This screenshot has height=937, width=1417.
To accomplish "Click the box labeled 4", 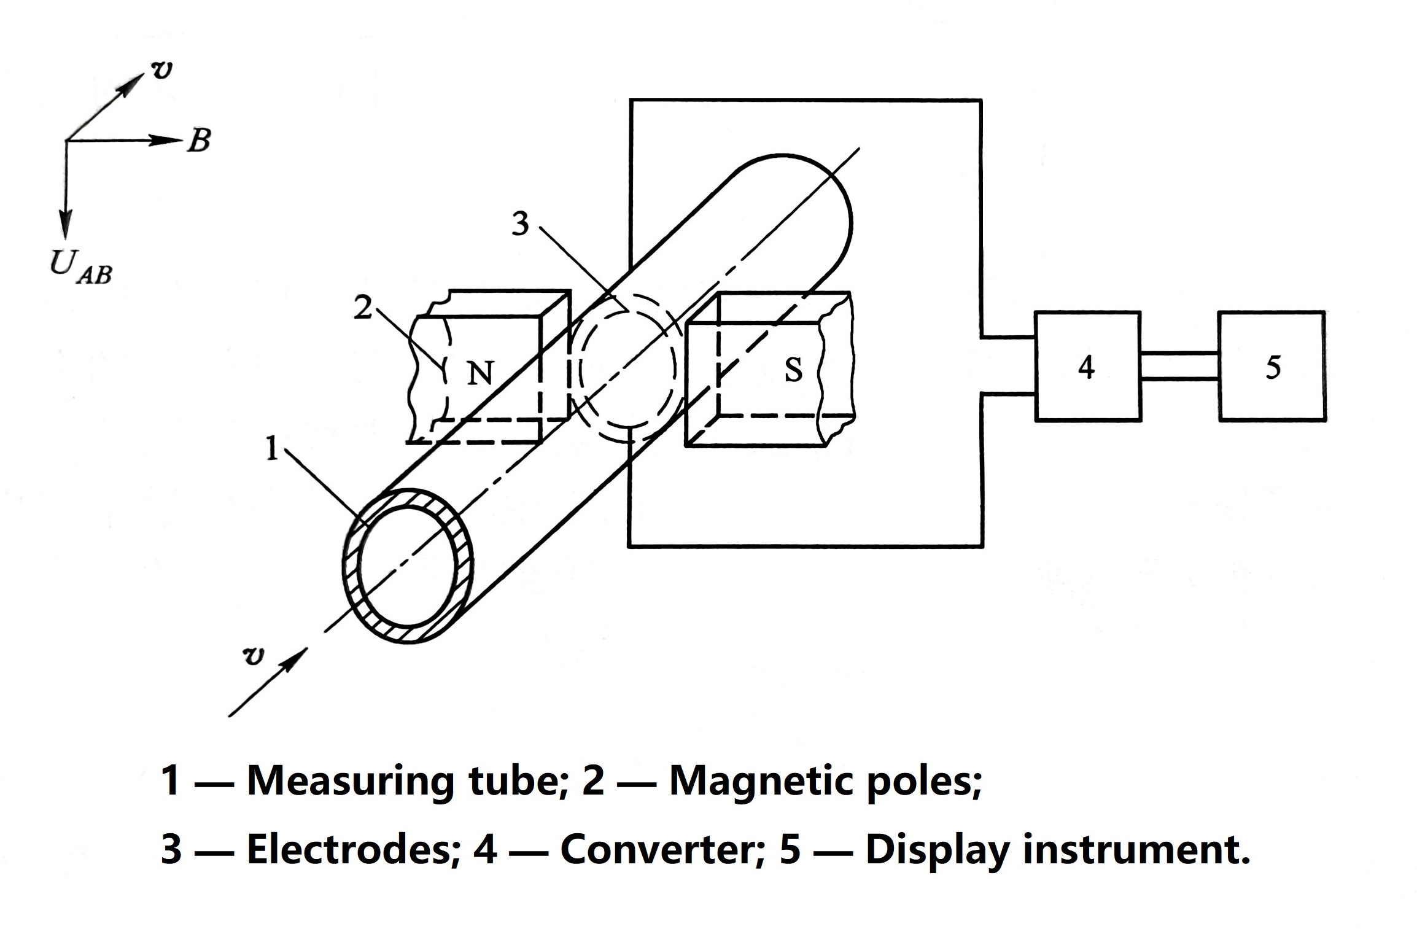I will tap(1087, 367).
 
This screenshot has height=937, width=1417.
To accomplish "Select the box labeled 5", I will tap(1271, 367).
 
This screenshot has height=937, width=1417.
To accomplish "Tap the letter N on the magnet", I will tap(480, 372).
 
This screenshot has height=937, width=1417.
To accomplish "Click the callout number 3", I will tap(520, 224).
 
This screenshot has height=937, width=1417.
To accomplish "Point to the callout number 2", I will tap(363, 307).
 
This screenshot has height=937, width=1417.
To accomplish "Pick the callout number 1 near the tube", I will tap(271, 449).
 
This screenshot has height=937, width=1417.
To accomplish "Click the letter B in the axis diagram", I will tap(199, 141).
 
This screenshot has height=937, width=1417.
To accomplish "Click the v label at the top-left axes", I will tap(161, 71).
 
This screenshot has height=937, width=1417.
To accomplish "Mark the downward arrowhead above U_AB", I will tap(65, 224).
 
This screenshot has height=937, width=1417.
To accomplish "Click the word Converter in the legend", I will tap(656, 850).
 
